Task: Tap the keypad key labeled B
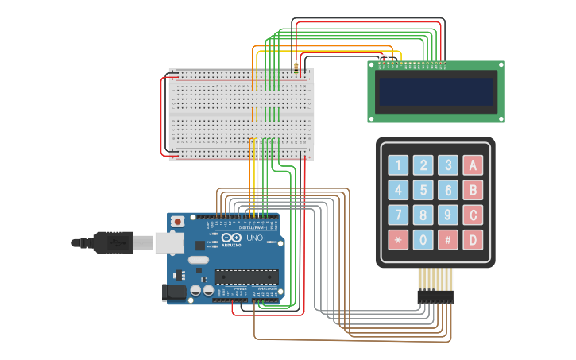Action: click(x=473, y=190)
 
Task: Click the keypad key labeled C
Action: click(x=473, y=215)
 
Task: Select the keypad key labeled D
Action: click(x=473, y=239)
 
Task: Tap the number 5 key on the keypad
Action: click(x=423, y=190)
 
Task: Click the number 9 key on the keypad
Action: click(x=448, y=215)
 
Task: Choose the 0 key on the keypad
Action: click(x=423, y=239)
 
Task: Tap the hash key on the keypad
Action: click(x=448, y=239)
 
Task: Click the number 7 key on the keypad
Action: click(x=398, y=215)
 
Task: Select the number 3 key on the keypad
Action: click(x=448, y=165)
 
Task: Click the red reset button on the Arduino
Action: click(x=178, y=220)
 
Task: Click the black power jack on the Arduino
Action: click(x=174, y=292)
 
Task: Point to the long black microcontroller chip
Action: click(x=246, y=277)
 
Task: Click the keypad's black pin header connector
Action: click(x=435, y=296)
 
